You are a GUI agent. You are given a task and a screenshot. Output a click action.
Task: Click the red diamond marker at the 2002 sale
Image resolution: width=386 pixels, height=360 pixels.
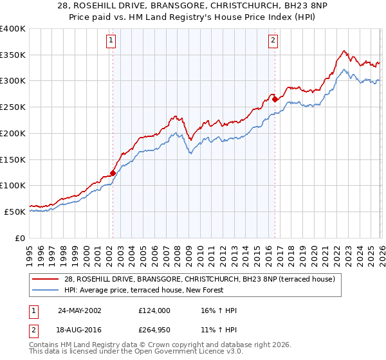coord(113,172)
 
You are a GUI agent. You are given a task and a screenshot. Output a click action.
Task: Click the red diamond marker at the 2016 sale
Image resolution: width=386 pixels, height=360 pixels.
coord(275,99)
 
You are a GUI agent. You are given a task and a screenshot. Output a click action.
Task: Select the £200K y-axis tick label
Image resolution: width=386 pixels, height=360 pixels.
coord(13,134)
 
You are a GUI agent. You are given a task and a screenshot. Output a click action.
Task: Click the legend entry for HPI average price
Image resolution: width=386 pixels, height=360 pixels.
coord(142,290)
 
